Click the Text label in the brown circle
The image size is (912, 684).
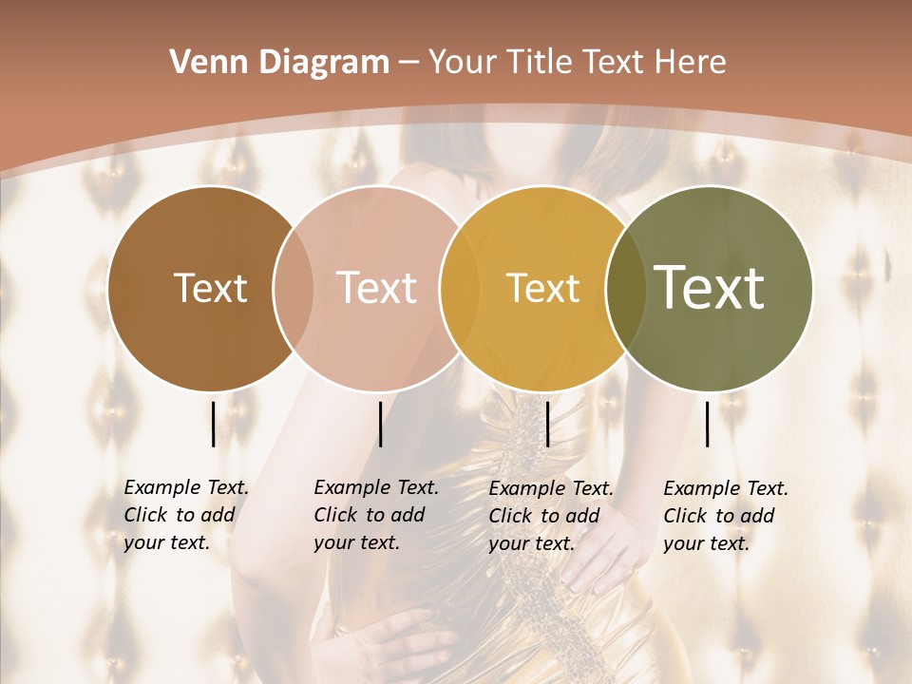[x=210, y=288]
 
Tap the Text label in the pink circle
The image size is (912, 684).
[x=377, y=288]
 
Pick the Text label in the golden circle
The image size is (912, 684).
[x=542, y=288]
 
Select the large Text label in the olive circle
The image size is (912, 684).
[x=710, y=288]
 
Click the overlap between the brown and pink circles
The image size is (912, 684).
[x=294, y=289]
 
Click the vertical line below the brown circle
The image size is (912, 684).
[x=213, y=424]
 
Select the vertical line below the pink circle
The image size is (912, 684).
[x=380, y=424]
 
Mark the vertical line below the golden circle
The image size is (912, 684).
[x=547, y=424]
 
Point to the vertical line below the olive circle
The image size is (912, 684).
[x=708, y=424]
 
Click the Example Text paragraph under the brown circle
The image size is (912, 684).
[x=186, y=515]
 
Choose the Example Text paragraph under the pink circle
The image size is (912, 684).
[x=376, y=515]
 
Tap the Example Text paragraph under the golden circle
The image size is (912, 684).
[x=551, y=516]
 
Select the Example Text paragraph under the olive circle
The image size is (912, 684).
[x=726, y=516]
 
